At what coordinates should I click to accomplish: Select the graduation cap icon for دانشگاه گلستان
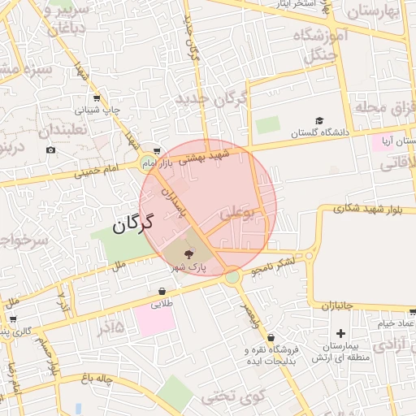coord(319,120)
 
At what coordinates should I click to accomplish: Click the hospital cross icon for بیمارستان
coord(340,333)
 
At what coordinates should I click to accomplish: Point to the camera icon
coord(51,149)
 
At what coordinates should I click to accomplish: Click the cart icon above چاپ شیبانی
coord(97,97)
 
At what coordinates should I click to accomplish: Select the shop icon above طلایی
coord(162,291)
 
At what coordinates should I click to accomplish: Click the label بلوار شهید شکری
coord(367,210)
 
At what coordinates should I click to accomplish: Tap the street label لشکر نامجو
coord(272,264)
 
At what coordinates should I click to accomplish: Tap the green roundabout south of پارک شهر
coord(233,277)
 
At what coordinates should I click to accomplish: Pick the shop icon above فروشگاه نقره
coord(271,337)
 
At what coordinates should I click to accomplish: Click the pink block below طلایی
coord(154,320)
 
